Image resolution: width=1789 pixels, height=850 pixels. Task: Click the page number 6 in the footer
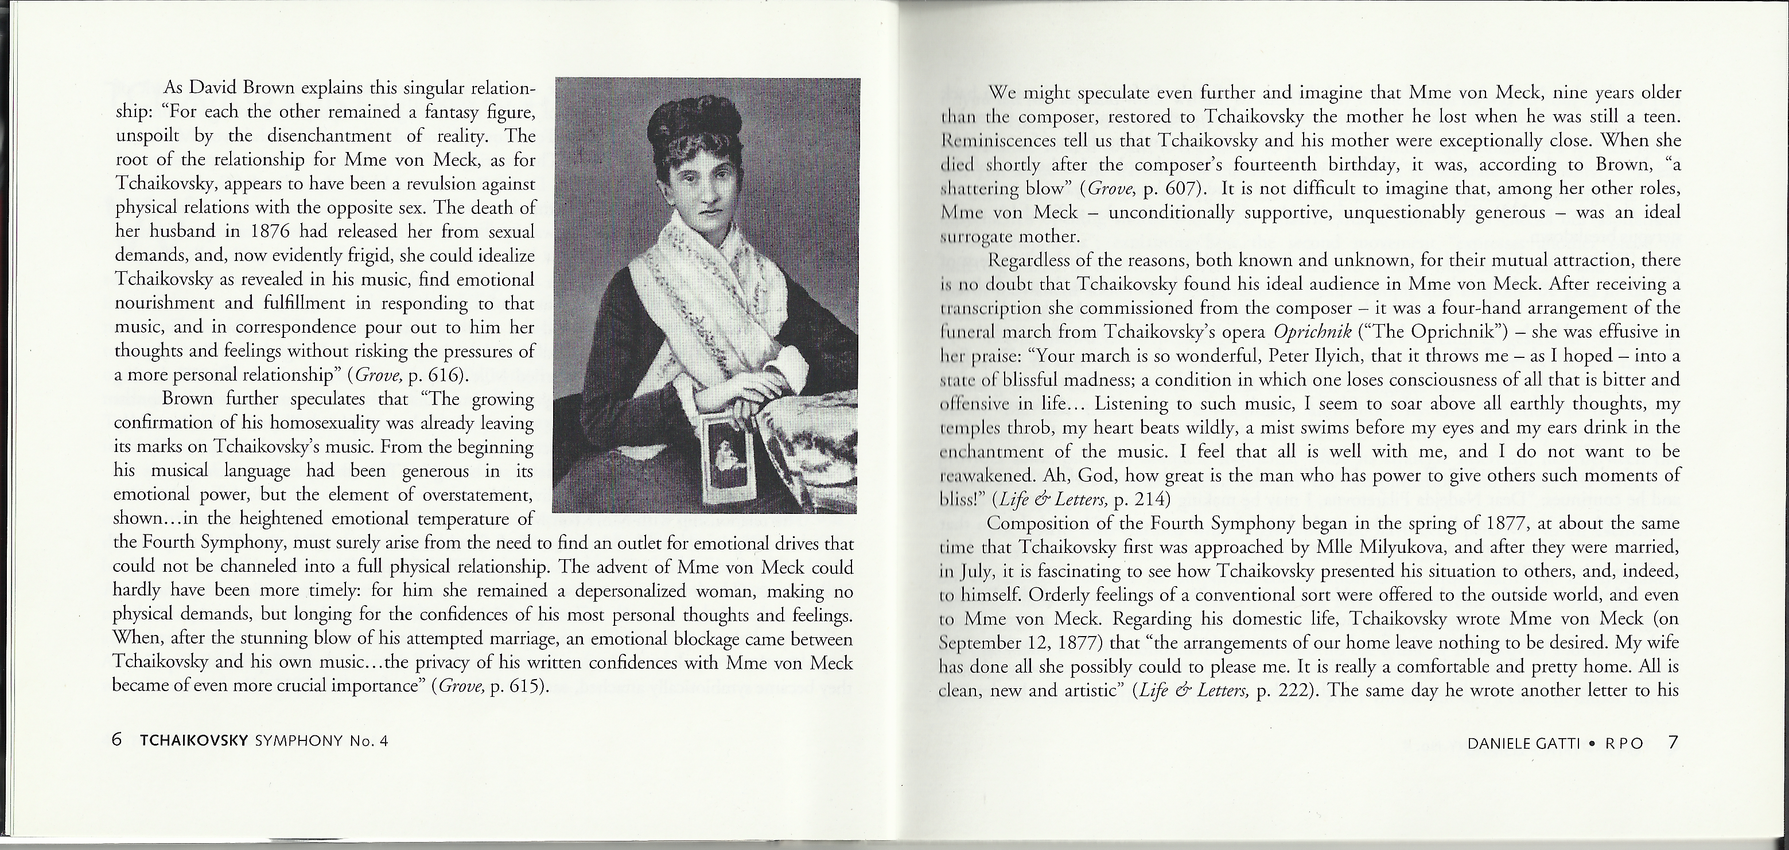click(116, 740)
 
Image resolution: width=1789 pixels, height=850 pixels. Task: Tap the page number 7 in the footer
click(1673, 742)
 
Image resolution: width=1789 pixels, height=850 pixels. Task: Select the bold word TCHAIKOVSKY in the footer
click(194, 741)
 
